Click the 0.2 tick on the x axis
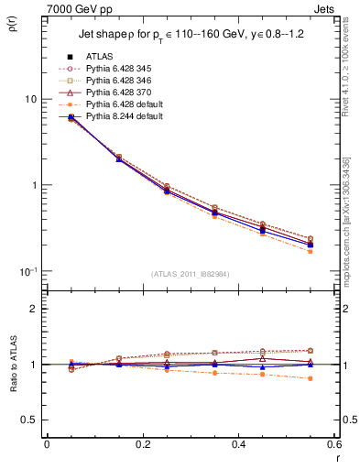coord(142,445)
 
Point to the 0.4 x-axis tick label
coord(237,445)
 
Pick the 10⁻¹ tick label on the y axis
coord(27,271)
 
